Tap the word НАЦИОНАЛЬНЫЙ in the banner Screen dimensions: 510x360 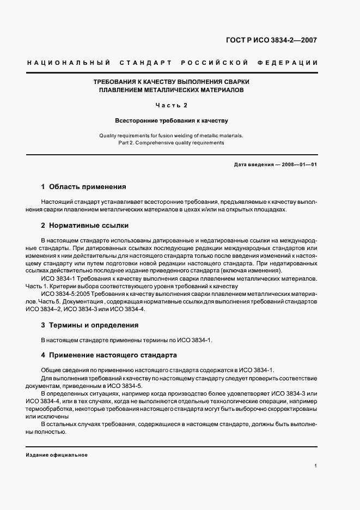click(68, 63)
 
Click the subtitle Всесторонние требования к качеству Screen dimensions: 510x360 click(171, 120)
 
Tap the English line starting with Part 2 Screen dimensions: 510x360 click(171, 142)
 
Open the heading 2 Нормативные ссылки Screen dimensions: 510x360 click(85, 225)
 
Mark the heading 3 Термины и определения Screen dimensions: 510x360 click(90, 325)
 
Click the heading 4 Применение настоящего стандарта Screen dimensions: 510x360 click(109, 355)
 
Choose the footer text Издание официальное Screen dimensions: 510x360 click(56, 454)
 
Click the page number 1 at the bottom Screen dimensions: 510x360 click(315, 466)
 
